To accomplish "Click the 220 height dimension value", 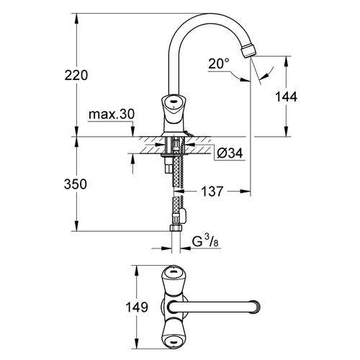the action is click(76, 75).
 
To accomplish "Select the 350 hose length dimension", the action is click(76, 184).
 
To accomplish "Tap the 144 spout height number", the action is click(286, 96).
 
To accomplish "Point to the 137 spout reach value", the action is click(212, 192).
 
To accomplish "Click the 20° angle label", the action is click(219, 64).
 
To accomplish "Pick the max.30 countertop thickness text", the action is click(112, 114).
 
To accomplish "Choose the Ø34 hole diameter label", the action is click(230, 153).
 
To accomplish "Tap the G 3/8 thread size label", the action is click(206, 241).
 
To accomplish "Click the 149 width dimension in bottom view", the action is click(137, 307).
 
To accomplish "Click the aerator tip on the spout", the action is click(248, 50).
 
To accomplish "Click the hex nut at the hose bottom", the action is click(176, 228).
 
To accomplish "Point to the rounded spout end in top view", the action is click(256, 307).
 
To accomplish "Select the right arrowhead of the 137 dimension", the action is click(246, 192).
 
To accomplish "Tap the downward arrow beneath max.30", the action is click(132, 131).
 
